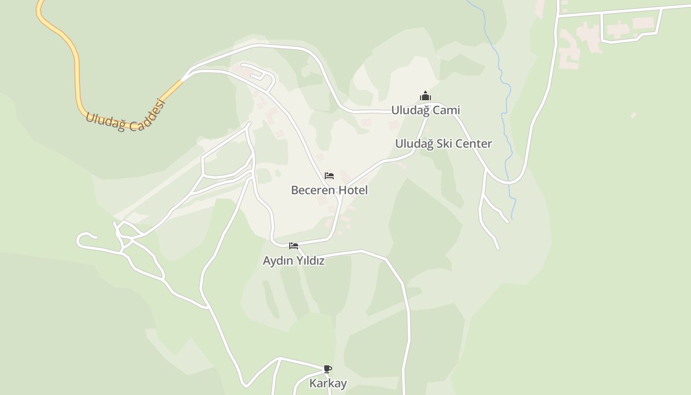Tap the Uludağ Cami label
point(425,110)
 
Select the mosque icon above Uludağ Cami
point(425,96)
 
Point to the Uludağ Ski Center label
point(443,144)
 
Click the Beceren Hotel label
point(329,190)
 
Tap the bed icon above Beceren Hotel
point(329,176)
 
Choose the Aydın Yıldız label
point(294,261)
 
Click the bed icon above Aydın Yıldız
point(294,246)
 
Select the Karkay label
point(328,383)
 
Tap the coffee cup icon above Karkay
point(327,369)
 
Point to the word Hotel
point(352,190)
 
